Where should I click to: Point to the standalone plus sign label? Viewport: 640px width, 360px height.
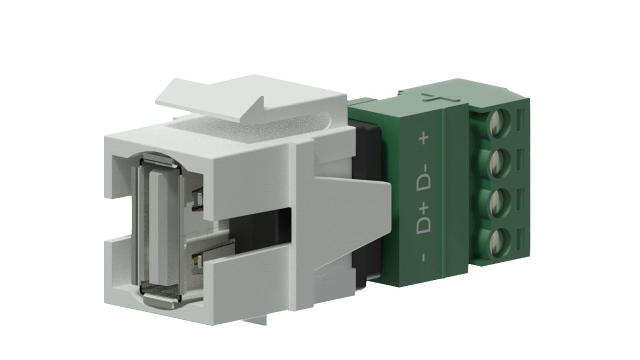425,139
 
